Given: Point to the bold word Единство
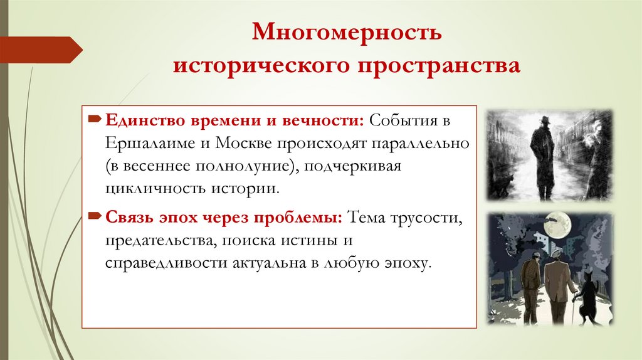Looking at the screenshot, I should click(x=139, y=120).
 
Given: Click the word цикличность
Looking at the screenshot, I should click(x=146, y=188).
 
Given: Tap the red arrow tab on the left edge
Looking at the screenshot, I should click(x=41, y=49).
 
